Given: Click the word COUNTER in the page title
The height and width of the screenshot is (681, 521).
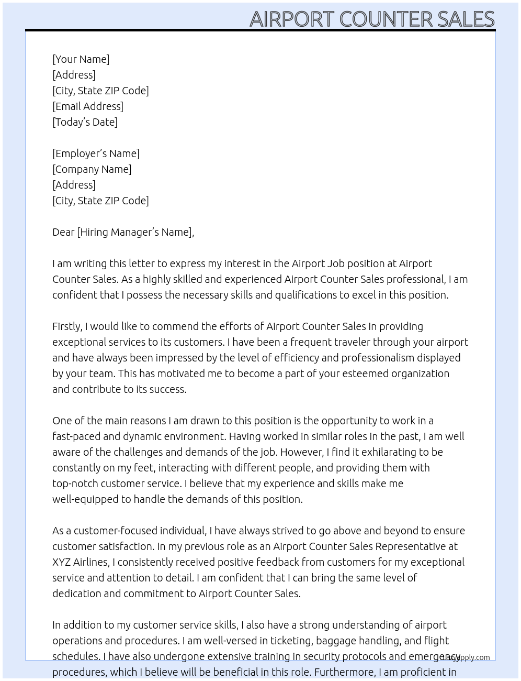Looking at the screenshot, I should (x=386, y=19).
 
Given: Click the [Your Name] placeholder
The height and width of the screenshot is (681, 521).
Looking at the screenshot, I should (x=81, y=59).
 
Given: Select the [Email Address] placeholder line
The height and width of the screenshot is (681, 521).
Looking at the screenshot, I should (x=88, y=106).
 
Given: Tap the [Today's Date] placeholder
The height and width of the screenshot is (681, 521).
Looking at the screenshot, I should (x=85, y=122).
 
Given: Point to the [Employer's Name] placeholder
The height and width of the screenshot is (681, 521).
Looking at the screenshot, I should (x=96, y=153).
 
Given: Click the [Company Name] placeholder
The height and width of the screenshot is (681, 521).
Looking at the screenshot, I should (x=92, y=169).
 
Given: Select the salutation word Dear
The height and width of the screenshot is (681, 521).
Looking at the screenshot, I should (x=63, y=232).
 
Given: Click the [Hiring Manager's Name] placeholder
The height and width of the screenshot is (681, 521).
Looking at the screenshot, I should (x=135, y=232).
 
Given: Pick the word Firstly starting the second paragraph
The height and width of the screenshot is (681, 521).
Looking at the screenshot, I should (x=67, y=326).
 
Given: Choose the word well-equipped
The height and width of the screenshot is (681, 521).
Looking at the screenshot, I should (x=85, y=499).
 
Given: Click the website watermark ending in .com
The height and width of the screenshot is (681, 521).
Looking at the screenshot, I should (x=466, y=657).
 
